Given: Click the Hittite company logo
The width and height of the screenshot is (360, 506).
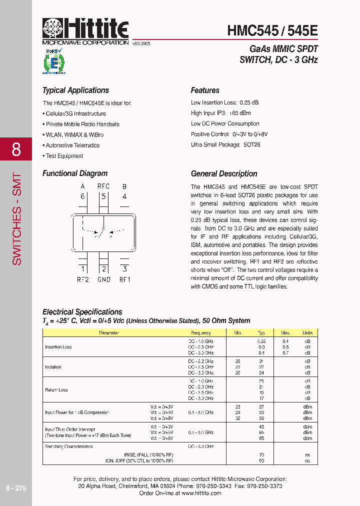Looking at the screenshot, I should click(x=85, y=31).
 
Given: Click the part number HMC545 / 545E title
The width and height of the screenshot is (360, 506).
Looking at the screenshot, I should click(x=272, y=30).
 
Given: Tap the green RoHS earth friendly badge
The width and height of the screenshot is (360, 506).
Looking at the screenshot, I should click(x=53, y=62).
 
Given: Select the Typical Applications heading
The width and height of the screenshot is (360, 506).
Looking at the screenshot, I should click(x=75, y=90).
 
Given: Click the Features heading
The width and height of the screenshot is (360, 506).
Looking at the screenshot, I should click(x=205, y=90).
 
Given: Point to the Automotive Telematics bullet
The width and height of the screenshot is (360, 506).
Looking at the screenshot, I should click(x=72, y=145).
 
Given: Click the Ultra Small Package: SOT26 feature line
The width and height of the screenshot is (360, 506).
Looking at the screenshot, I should click(x=225, y=145).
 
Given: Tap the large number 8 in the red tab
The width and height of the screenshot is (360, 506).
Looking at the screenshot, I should click(x=16, y=149).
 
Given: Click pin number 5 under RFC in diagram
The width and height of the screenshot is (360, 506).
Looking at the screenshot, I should click(x=103, y=196).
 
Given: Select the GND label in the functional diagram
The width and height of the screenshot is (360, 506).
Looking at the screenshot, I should click(x=103, y=279).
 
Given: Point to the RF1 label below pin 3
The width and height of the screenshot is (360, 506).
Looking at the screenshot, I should click(x=124, y=279).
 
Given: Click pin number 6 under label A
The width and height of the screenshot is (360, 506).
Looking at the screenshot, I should click(x=82, y=196).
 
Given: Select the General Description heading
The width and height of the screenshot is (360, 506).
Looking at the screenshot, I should click(x=224, y=174).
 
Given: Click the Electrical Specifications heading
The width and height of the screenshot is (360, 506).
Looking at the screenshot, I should click(x=82, y=312).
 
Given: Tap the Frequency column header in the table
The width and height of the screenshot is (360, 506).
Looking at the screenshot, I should click(x=201, y=332).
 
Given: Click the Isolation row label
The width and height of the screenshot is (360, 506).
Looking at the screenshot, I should click(x=53, y=367).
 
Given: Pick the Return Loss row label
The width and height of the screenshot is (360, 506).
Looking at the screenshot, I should click(x=56, y=389).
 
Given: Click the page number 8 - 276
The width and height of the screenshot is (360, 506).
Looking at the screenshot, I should click(x=16, y=488).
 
